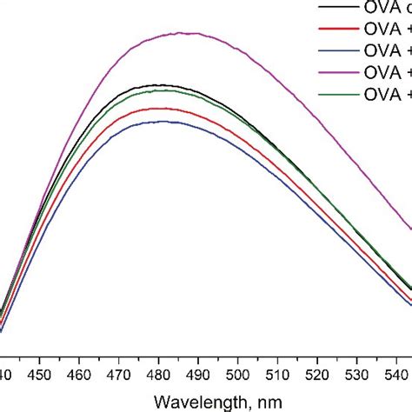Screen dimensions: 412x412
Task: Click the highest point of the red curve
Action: (159, 109)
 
